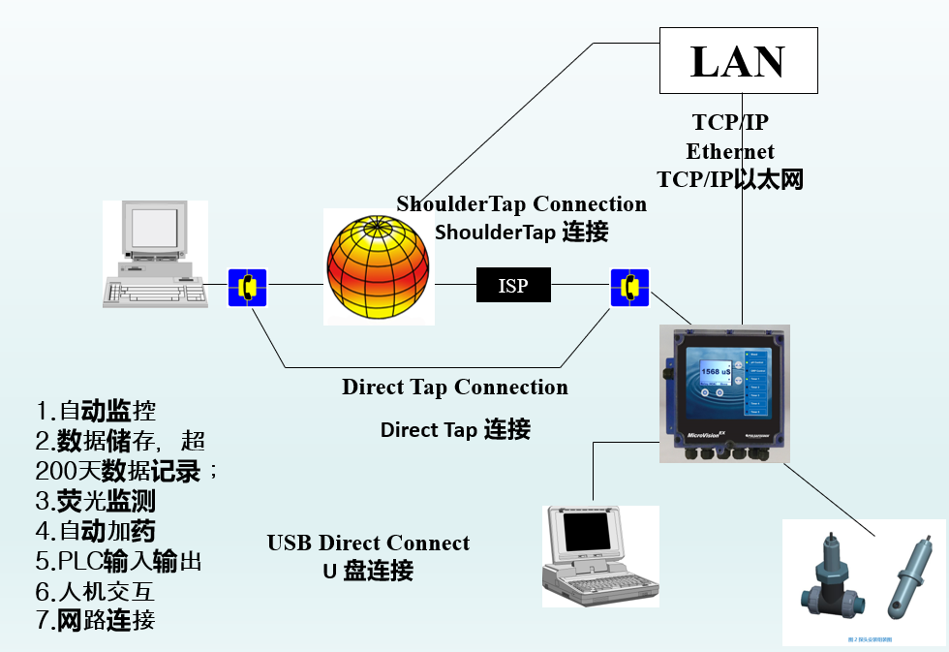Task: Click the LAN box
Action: [x=738, y=61]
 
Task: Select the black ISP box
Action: [x=513, y=285]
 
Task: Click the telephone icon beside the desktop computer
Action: [x=247, y=288]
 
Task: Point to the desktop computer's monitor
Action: [x=152, y=230]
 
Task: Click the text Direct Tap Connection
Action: [x=454, y=388]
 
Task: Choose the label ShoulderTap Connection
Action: [x=521, y=204]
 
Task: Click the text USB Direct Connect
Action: [x=368, y=543]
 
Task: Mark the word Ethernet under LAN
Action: [x=730, y=152]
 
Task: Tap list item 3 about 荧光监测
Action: [x=95, y=502]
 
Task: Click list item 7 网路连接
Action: [x=95, y=620]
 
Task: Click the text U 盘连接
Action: [x=368, y=572]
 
